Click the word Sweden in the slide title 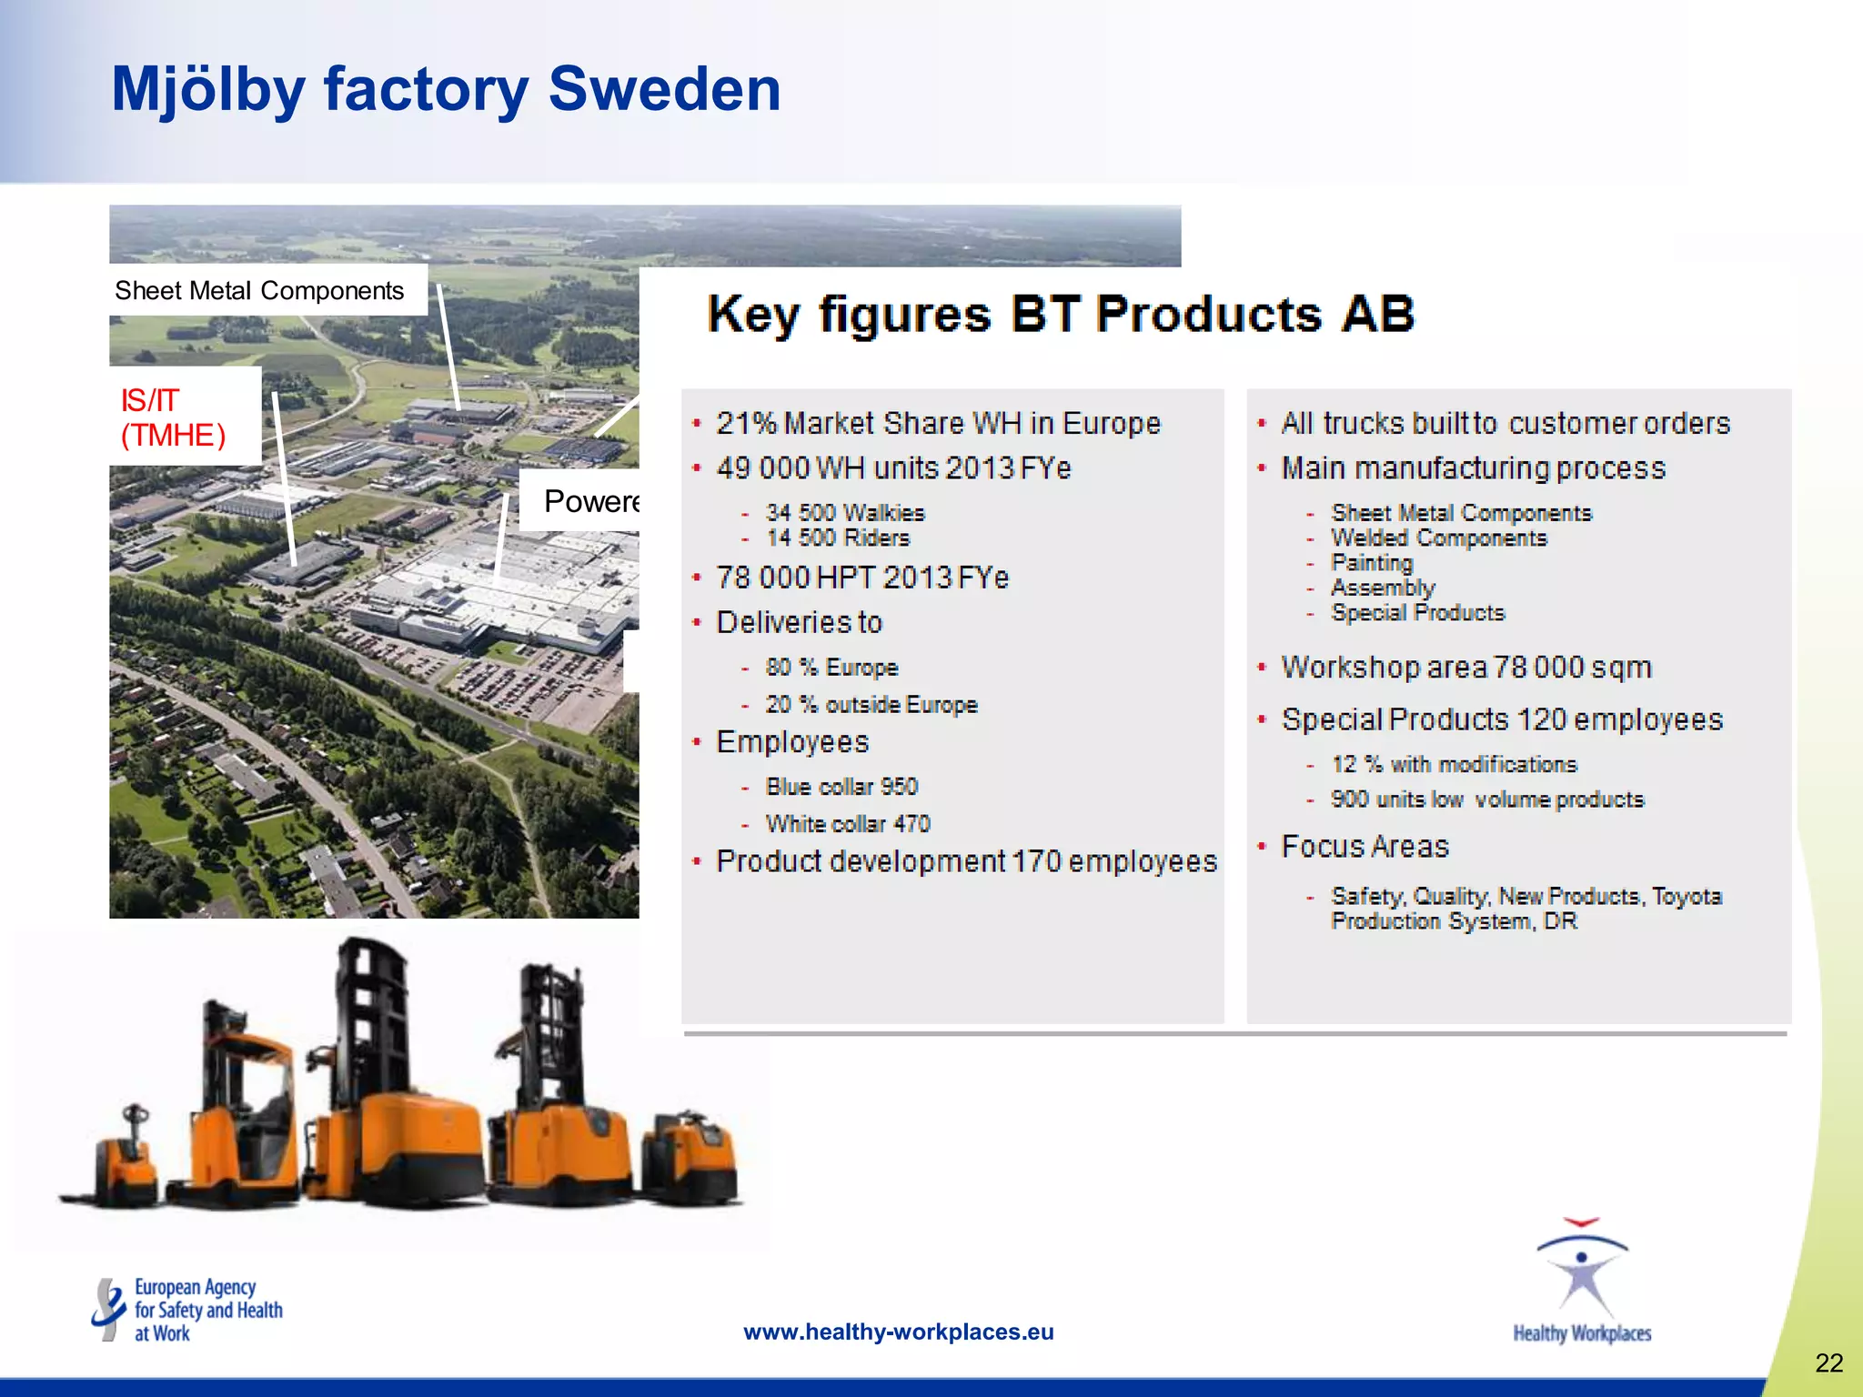click(x=664, y=89)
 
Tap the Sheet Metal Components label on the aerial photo click(x=259, y=291)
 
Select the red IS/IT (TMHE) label click(x=173, y=417)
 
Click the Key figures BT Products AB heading click(x=1061, y=315)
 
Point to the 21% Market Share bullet click(x=938, y=424)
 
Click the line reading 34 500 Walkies click(x=844, y=513)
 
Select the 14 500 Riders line click(x=837, y=538)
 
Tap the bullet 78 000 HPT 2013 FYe click(x=861, y=578)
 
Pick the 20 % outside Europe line click(x=871, y=705)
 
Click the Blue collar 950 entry click(x=841, y=787)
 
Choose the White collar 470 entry click(x=847, y=824)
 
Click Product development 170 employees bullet click(x=965, y=861)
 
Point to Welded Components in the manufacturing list click(x=1438, y=538)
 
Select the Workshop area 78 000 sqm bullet click(x=1465, y=668)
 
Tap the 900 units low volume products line click(x=1486, y=799)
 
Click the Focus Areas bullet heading click(x=1365, y=847)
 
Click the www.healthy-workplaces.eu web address click(x=898, y=1332)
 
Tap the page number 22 click(x=1828, y=1362)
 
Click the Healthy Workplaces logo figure click(x=1581, y=1273)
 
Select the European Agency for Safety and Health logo click(x=187, y=1310)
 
